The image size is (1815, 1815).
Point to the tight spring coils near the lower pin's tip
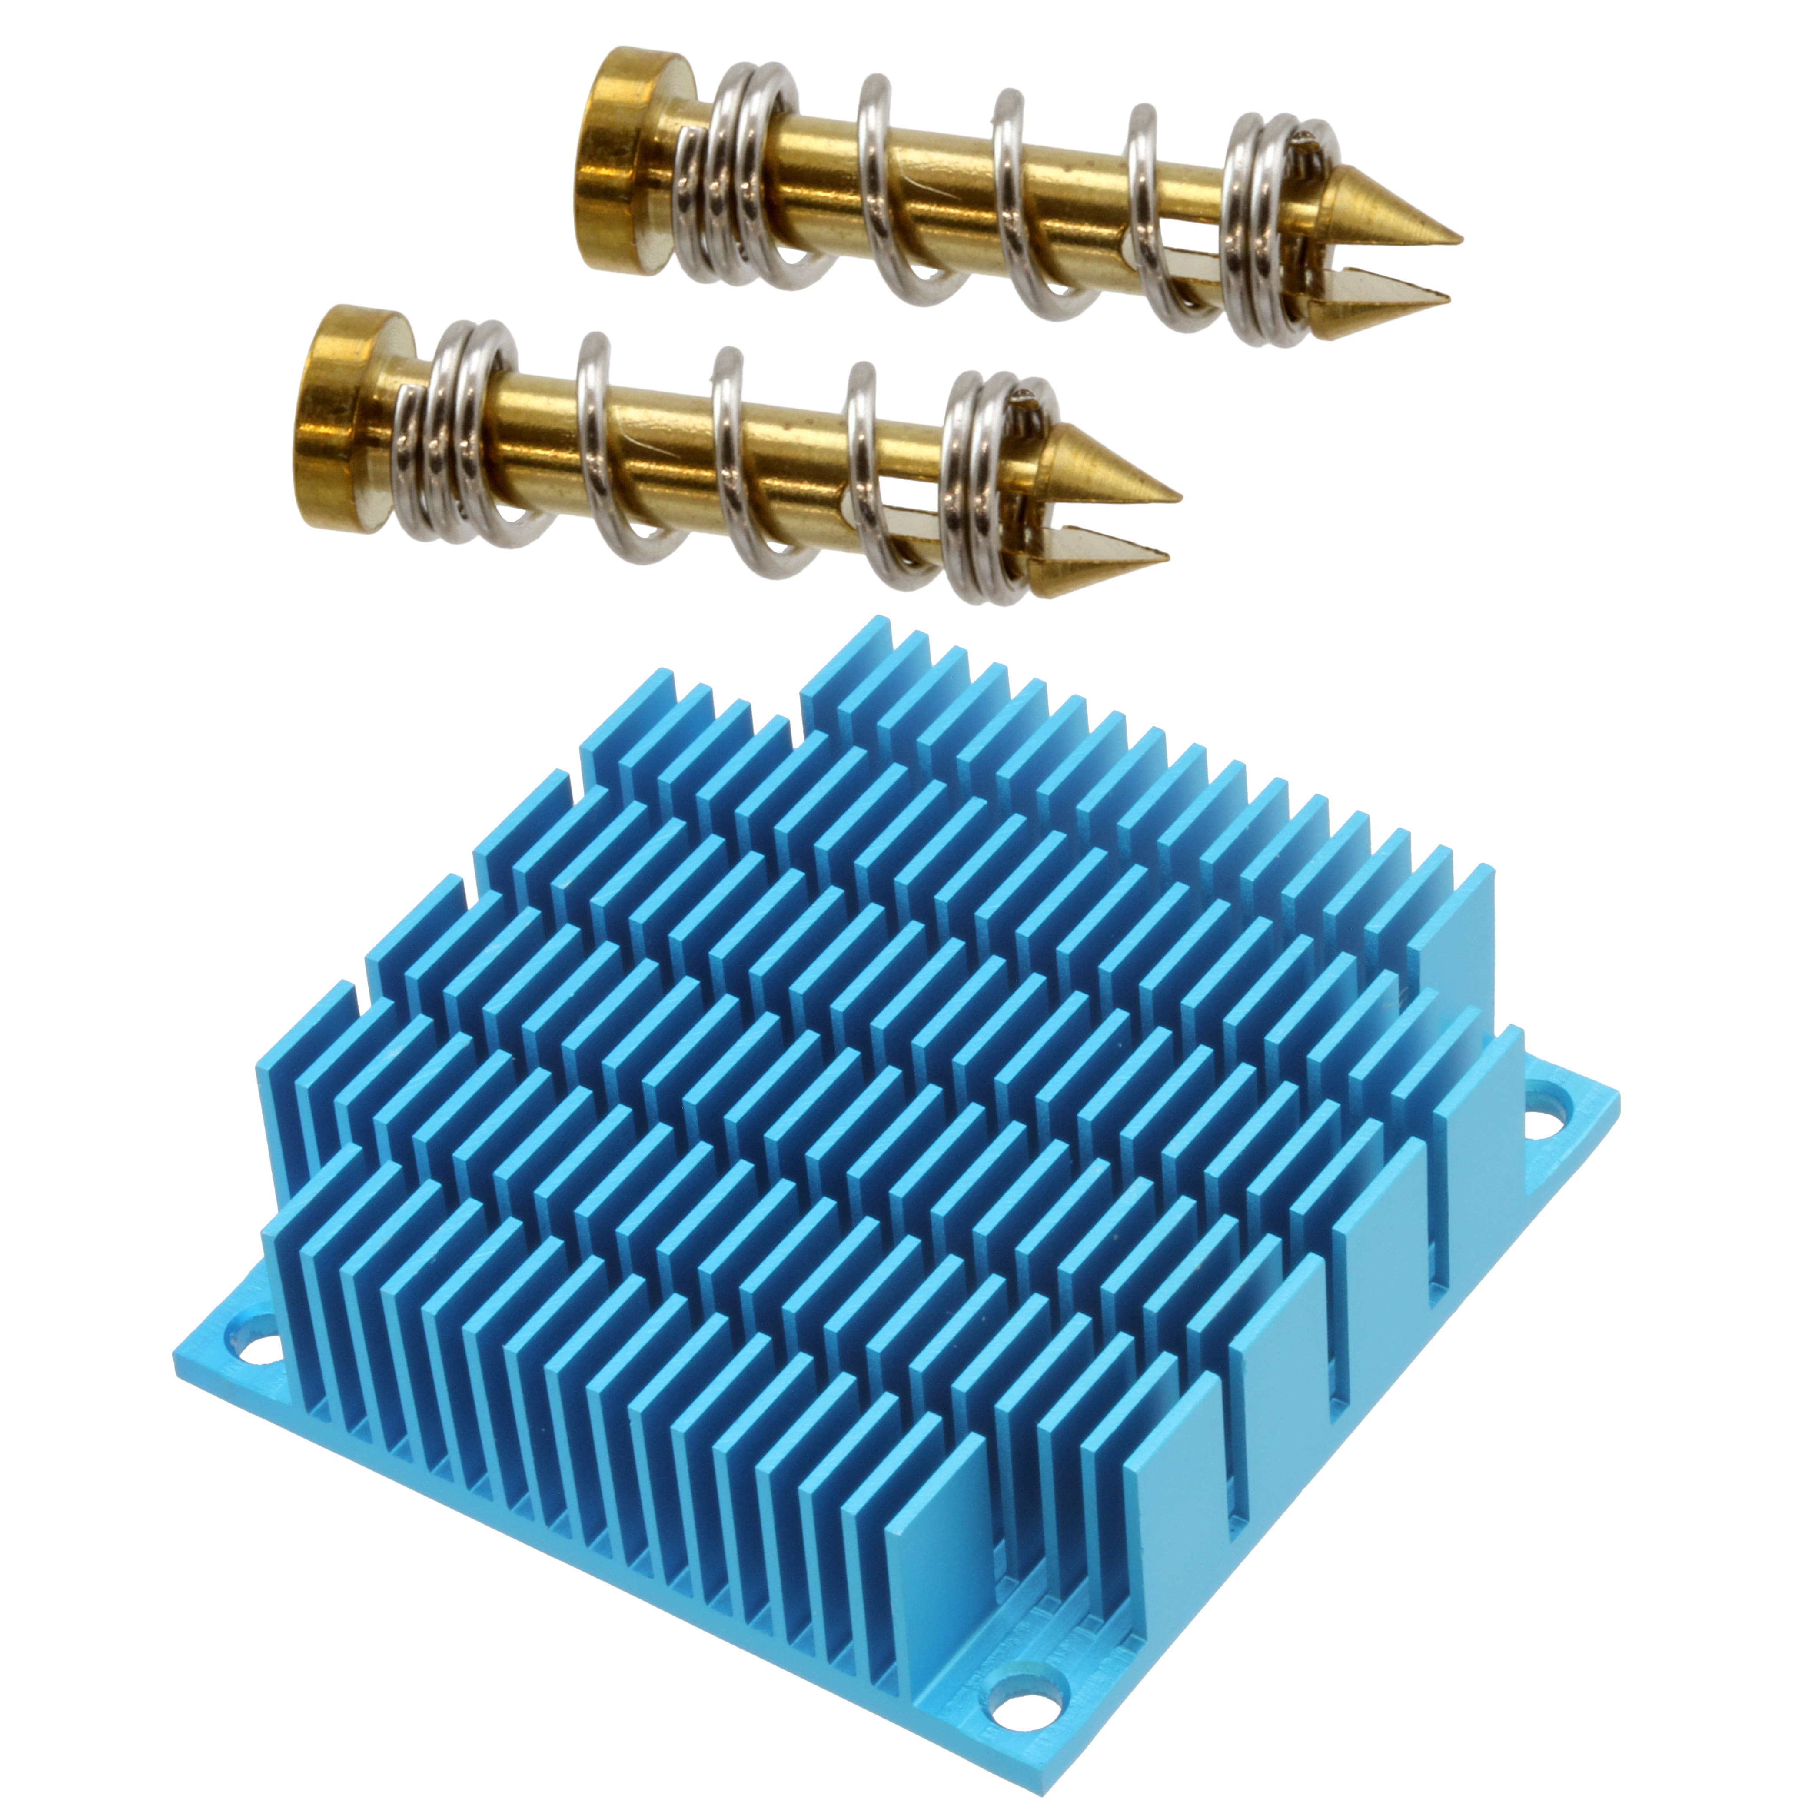[x=987, y=484]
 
